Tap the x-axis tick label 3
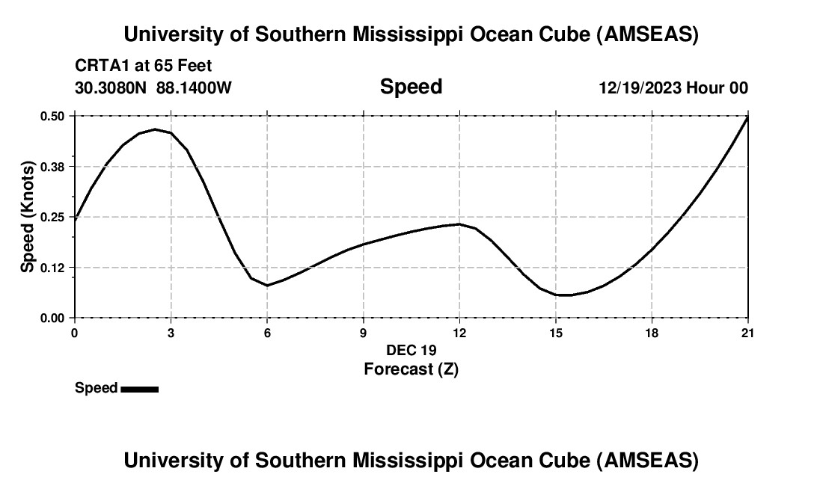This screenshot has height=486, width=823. pyautogui.click(x=171, y=333)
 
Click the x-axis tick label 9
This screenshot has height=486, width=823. pyautogui.click(x=364, y=333)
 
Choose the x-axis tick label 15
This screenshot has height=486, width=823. pyautogui.click(x=556, y=333)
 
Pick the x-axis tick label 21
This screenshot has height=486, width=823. pyautogui.click(x=748, y=333)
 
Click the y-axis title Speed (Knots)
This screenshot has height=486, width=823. pyautogui.click(x=28, y=217)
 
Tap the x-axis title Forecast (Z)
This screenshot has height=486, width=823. pyautogui.click(x=411, y=369)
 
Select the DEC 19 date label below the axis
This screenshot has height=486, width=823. pyautogui.click(x=411, y=350)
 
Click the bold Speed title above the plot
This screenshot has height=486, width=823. pyautogui.click(x=411, y=87)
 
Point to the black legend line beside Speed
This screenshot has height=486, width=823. pyautogui.click(x=140, y=389)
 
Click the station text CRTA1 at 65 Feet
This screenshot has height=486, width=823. pyautogui.click(x=144, y=67)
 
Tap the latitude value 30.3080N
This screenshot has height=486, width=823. pyautogui.click(x=111, y=87)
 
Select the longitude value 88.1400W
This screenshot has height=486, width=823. pyautogui.click(x=195, y=87)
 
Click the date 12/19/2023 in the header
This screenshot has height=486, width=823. pyautogui.click(x=640, y=87)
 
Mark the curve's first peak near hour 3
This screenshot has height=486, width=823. pyautogui.click(x=156, y=129)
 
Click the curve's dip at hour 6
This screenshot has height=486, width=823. pyautogui.click(x=267, y=286)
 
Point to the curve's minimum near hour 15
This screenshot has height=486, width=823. pyautogui.click(x=565, y=295)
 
